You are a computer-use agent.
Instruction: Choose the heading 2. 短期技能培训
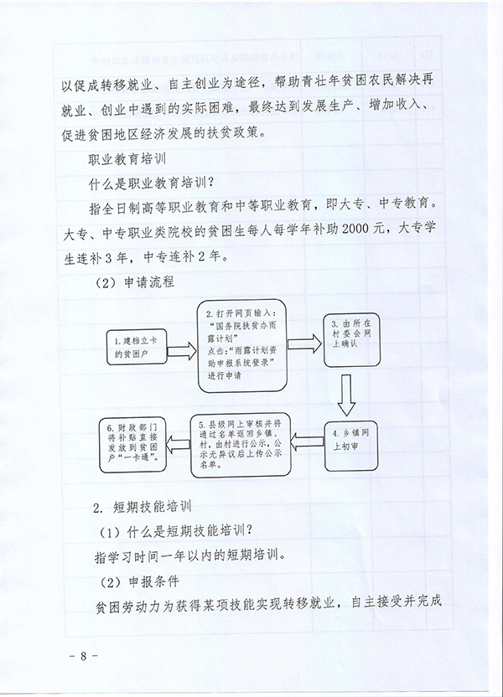point(142,508)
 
